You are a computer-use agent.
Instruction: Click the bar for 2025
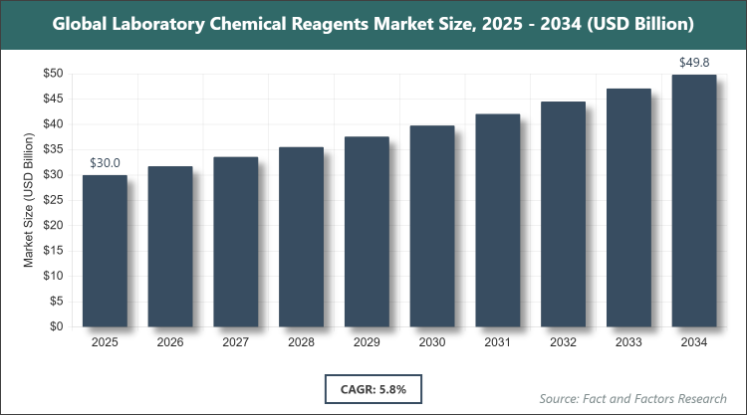click(105, 251)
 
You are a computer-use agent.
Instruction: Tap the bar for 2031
click(497, 220)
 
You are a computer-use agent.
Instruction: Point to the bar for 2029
click(367, 232)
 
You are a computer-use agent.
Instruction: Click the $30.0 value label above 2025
click(105, 163)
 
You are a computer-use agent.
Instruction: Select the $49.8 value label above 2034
click(693, 63)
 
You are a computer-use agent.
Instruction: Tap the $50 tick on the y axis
click(55, 74)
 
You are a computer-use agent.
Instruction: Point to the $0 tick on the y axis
click(59, 326)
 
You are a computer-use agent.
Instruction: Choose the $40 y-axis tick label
click(55, 124)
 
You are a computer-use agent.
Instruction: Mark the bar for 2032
click(563, 214)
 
